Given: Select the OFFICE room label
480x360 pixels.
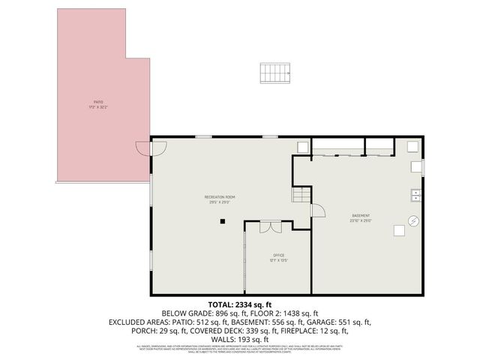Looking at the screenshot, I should pos(278,256).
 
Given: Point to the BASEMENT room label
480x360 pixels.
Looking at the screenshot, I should pos(361,216).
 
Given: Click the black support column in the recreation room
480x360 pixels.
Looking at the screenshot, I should pos(222,221).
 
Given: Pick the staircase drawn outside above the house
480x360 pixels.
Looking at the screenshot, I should pos(275,73).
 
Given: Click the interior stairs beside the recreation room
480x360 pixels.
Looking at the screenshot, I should pos(300,196).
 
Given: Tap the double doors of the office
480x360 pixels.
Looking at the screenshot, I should pos(270,226).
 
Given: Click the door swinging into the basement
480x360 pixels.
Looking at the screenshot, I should pos(317,210).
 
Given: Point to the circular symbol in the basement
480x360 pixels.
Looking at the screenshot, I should pos(412,220).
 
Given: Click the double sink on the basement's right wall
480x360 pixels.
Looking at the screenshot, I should pos(415,196).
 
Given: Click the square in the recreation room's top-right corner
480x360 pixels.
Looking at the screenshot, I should pos(301,147).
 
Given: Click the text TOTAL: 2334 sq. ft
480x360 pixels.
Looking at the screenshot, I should pos(240,304).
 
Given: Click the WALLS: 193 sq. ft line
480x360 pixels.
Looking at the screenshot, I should pos(240,340).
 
